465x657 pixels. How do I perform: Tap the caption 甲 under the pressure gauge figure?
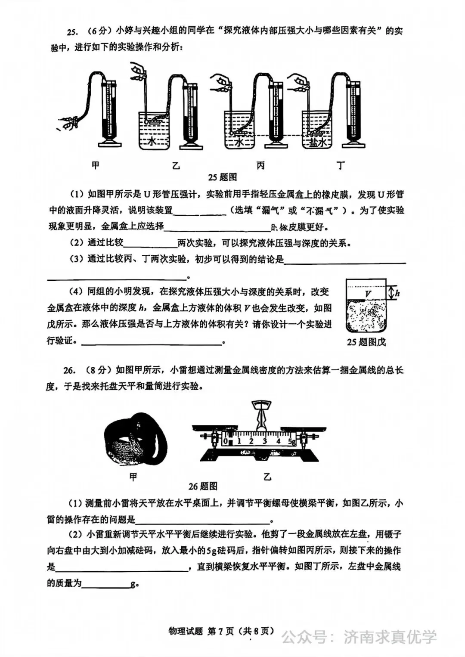[96, 165]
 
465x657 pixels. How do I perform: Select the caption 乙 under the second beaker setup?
[176, 165]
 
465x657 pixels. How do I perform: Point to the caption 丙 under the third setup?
[260, 165]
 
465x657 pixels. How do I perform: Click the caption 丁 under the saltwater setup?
[341, 165]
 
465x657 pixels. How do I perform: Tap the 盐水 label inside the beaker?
[317, 142]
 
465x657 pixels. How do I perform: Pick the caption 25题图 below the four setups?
[222, 177]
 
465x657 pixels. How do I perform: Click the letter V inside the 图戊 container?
[368, 294]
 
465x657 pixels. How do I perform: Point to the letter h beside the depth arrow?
[397, 293]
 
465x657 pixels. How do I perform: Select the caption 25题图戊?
[366, 342]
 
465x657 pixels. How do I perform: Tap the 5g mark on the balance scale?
[291, 441]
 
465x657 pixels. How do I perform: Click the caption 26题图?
[203, 487]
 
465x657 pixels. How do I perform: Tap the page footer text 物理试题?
[186, 631]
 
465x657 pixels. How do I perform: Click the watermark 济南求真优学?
[390, 637]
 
